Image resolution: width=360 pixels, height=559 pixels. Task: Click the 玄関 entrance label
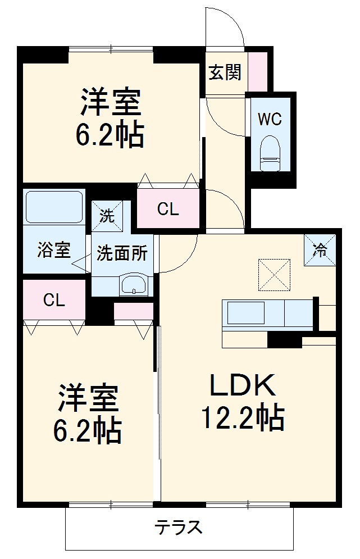225,72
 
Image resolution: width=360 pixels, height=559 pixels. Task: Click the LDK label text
242,387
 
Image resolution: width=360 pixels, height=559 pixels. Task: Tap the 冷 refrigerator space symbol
320,250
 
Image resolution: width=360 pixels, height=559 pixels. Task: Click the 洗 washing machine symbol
107,215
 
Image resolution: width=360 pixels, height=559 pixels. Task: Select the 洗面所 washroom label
122,253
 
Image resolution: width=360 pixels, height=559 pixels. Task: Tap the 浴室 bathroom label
54,251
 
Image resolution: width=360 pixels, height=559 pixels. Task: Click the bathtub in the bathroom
54,207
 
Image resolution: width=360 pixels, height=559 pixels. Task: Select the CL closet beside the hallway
168,210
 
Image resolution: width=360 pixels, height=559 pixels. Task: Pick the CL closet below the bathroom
54,301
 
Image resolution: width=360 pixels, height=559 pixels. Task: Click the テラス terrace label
178,528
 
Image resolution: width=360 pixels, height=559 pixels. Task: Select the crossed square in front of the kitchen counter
274,275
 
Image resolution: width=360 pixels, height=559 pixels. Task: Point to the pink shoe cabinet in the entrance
258,72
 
